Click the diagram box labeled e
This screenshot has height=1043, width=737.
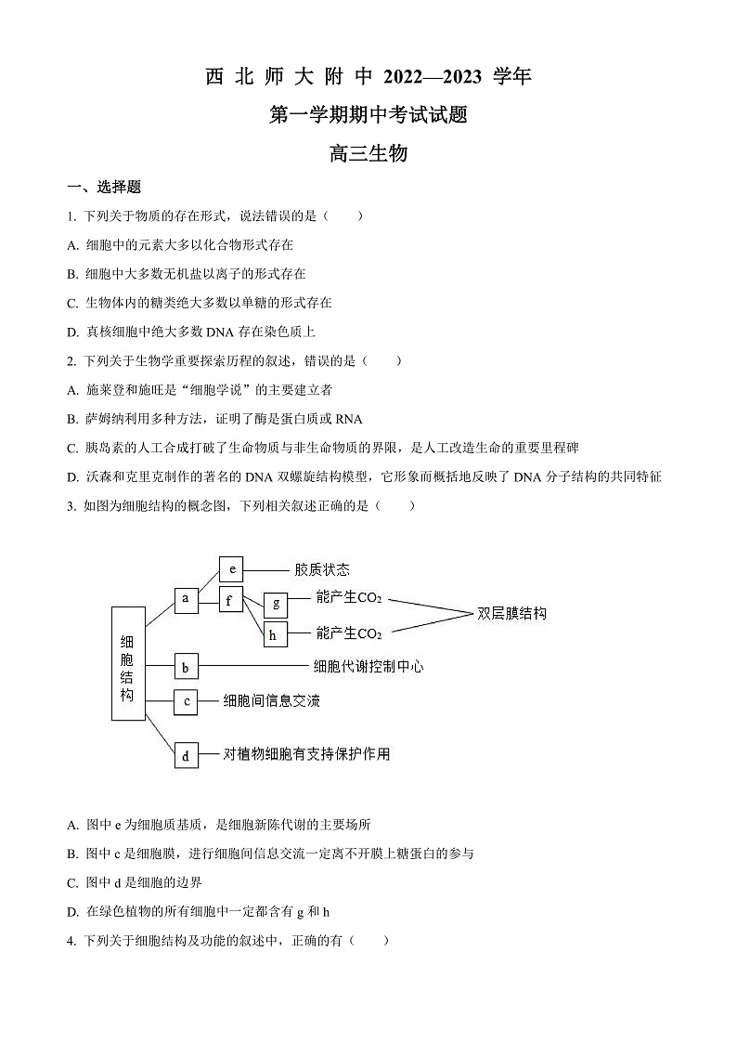pos(231,568)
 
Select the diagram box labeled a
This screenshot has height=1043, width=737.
pos(187,599)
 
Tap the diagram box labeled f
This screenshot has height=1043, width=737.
pos(231,600)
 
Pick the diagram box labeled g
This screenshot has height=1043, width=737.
pos(276,604)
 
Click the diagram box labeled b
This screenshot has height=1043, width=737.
pos(187,666)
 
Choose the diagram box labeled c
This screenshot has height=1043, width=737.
pos(187,701)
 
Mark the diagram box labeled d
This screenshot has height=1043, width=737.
pos(187,755)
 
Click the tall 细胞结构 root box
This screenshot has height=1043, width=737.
pos(128,663)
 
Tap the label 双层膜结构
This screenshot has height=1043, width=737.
pos(511,614)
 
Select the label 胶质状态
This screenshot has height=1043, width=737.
pos(322,569)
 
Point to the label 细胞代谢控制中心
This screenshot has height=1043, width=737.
pos(368,666)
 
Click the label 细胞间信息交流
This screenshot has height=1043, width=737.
pos(272,701)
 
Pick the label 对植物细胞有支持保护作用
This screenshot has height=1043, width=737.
pos(306,754)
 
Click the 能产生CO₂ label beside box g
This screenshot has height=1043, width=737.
pos(349,599)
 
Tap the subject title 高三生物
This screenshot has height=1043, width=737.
pos(368,154)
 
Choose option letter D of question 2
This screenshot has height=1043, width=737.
pos(73,476)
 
